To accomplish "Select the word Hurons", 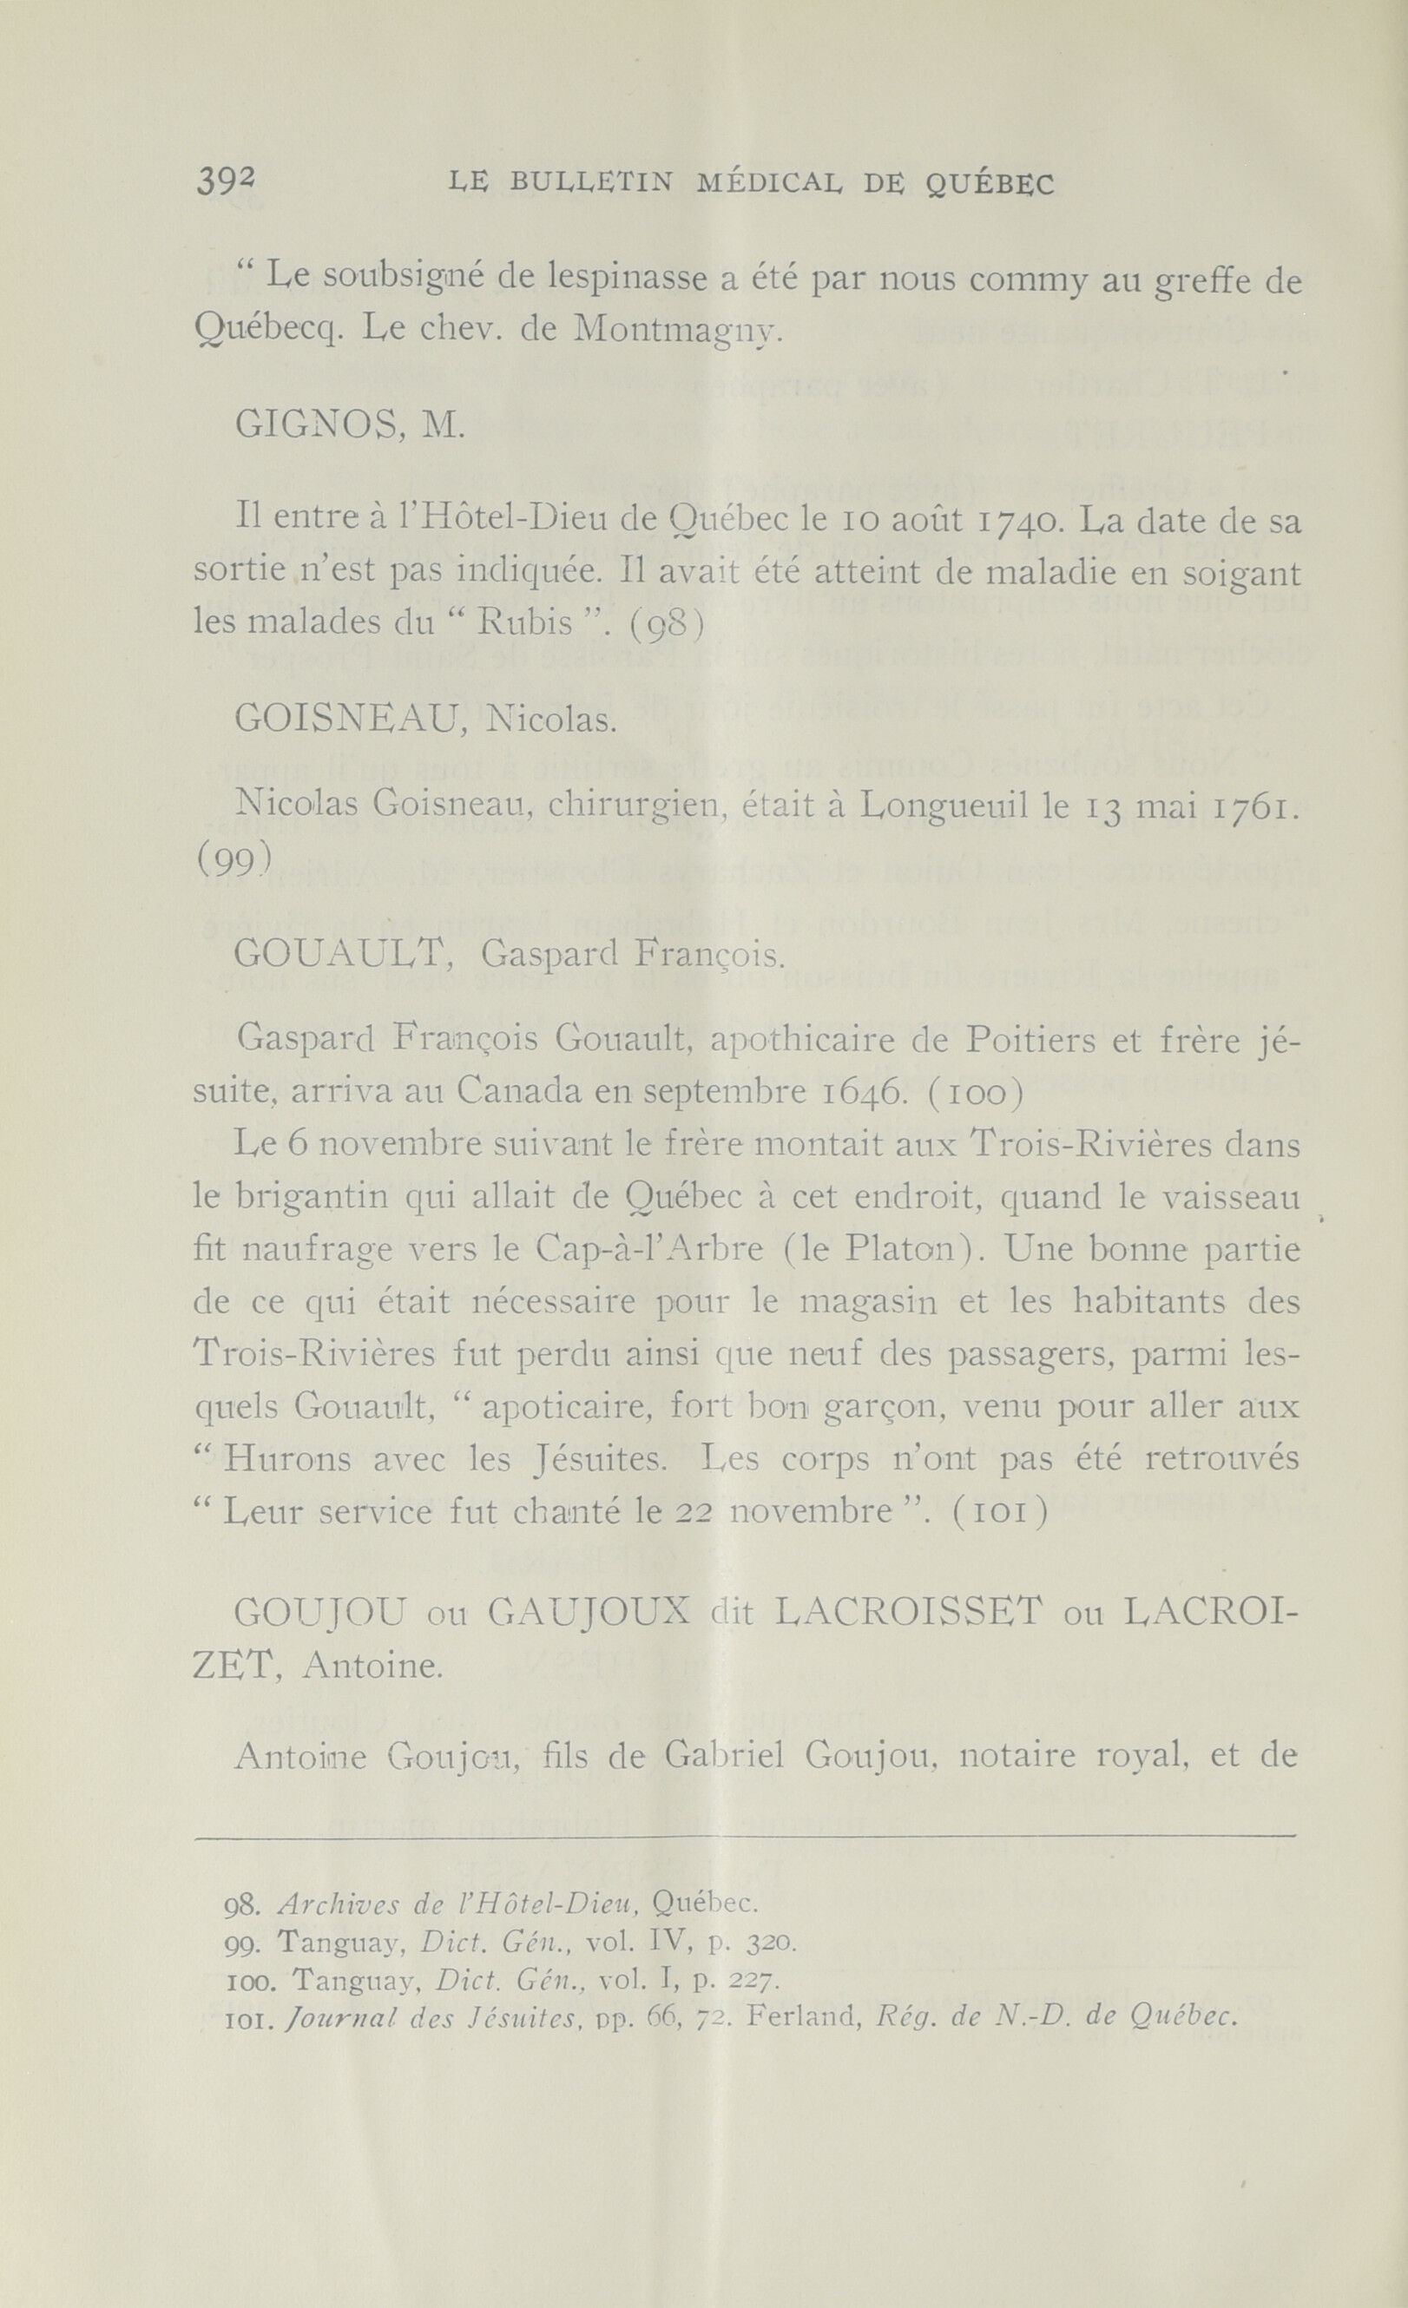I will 287,1458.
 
